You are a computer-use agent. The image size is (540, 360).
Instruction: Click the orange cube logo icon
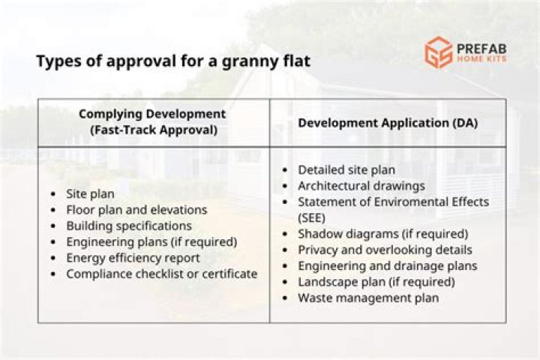click(439, 52)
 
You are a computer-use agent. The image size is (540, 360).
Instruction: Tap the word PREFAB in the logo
click(481, 49)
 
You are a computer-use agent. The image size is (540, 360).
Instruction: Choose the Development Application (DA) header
click(388, 123)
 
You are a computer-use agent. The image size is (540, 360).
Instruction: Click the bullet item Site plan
click(90, 194)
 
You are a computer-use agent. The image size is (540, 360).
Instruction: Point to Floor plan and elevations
click(136, 210)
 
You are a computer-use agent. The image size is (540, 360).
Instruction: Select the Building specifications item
click(129, 226)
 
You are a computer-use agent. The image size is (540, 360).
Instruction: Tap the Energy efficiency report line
click(133, 258)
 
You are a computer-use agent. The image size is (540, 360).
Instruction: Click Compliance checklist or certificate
click(162, 274)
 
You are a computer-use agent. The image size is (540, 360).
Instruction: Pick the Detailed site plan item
click(346, 169)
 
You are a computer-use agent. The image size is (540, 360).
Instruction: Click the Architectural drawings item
click(361, 186)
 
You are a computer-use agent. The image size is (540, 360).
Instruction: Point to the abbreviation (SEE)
click(311, 218)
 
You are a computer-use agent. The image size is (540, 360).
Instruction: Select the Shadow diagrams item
click(383, 234)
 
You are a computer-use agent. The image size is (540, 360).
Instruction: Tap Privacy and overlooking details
click(385, 250)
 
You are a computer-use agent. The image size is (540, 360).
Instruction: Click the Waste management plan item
click(368, 298)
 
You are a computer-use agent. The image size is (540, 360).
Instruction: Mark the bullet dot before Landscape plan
click(285, 282)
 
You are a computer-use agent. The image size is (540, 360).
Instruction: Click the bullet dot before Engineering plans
click(53, 242)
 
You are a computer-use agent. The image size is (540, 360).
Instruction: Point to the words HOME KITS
click(481, 59)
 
